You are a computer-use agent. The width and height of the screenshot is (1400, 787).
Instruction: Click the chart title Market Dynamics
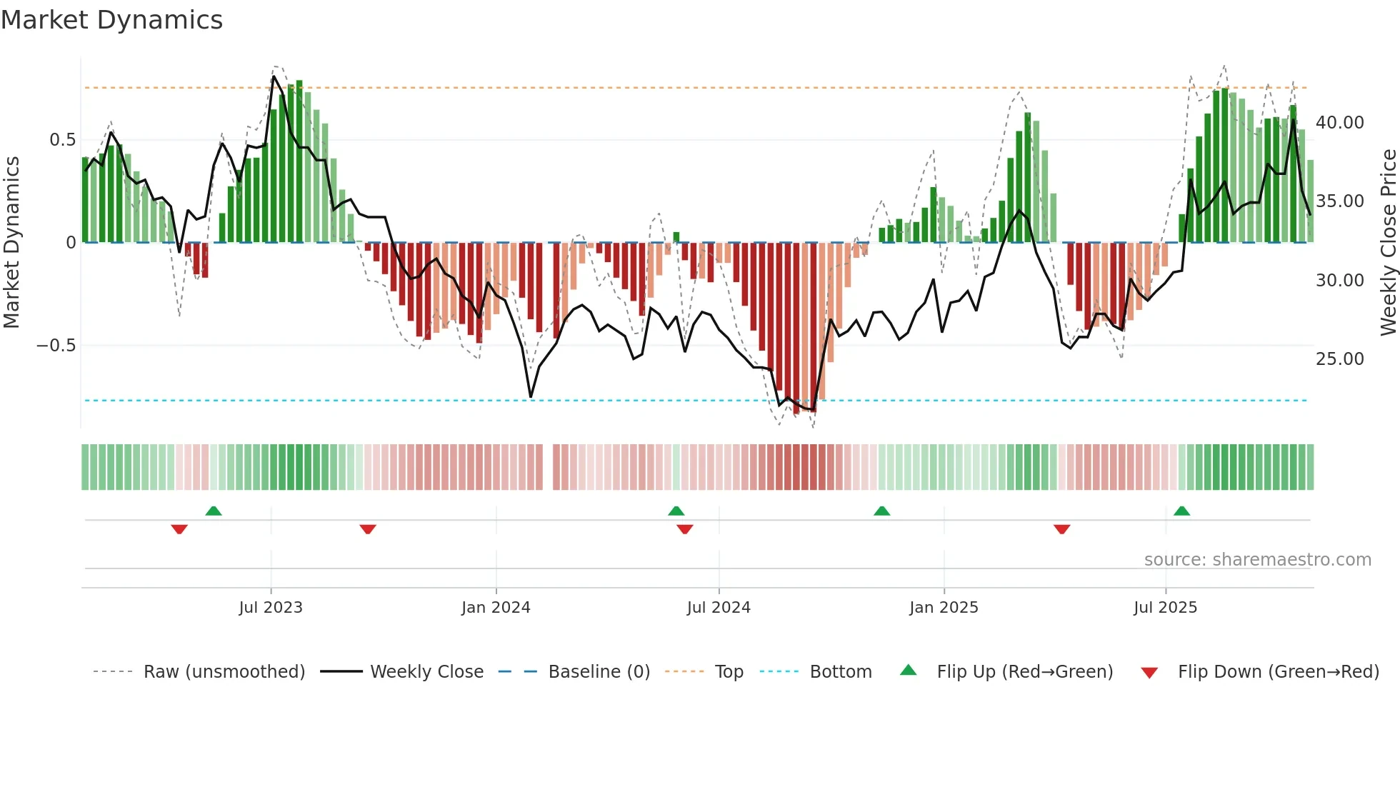[x=111, y=20]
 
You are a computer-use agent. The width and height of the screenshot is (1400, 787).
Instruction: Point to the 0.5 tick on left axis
[x=62, y=140]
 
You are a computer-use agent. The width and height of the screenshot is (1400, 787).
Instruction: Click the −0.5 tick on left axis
[x=56, y=346]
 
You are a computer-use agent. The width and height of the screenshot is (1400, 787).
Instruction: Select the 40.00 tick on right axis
[x=1339, y=123]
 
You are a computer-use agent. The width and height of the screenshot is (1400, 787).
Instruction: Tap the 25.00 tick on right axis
[x=1339, y=359]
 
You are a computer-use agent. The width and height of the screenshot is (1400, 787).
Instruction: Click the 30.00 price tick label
[x=1339, y=281]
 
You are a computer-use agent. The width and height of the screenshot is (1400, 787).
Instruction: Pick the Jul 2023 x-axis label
[x=271, y=608]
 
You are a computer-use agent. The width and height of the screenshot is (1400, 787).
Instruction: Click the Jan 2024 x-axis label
[x=496, y=608]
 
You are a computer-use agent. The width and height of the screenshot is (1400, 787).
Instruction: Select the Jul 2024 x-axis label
[x=719, y=608]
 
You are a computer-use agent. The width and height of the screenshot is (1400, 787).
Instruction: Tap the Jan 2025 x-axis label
[x=944, y=608]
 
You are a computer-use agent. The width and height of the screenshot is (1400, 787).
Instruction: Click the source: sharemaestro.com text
[x=1257, y=560]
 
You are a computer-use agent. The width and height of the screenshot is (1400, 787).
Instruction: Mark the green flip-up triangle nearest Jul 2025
[x=1181, y=511]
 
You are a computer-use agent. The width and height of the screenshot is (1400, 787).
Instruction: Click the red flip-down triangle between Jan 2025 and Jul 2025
[x=1061, y=529]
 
